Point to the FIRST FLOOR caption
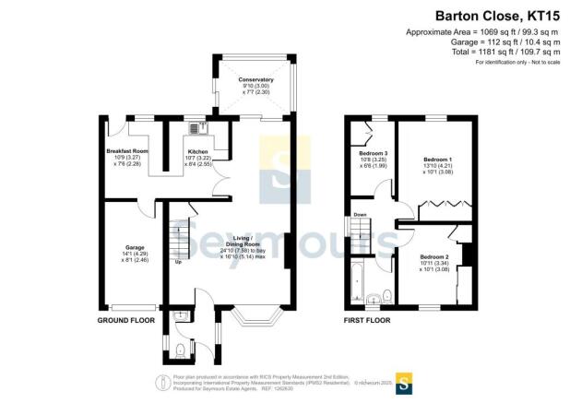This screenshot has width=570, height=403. (368, 320)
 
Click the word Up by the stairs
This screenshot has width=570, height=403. (178, 262)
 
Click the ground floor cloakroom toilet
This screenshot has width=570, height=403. (181, 348)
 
